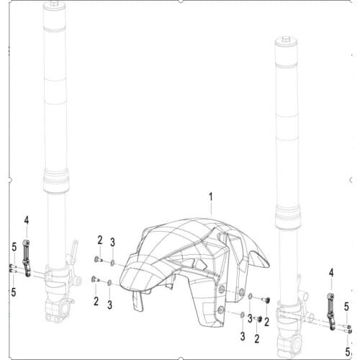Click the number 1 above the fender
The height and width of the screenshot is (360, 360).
click(x=212, y=196)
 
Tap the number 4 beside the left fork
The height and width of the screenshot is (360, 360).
click(x=26, y=220)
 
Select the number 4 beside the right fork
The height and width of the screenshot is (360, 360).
click(x=331, y=272)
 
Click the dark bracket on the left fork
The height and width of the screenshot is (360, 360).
click(x=26, y=259)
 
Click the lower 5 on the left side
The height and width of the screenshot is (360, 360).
click(x=13, y=292)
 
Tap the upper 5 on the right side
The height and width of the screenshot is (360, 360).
click(x=346, y=306)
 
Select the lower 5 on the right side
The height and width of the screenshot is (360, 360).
click(x=346, y=352)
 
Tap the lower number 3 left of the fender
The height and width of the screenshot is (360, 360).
click(x=109, y=305)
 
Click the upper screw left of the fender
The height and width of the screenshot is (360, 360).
click(x=96, y=259)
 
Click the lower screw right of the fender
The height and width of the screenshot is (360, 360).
click(x=251, y=318)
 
